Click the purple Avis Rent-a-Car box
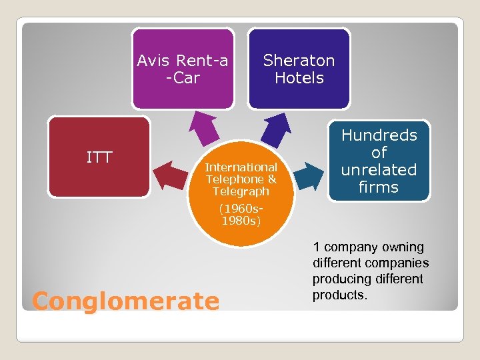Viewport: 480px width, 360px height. coord(183,69)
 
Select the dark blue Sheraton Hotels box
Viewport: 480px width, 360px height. coord(299,69)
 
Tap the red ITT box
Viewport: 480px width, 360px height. coord(99,157)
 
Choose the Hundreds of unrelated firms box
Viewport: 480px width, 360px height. coord(379,161)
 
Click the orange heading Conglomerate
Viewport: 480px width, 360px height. coord(125,301)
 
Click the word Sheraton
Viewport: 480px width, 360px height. coord(299,61)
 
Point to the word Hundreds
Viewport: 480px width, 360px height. coord(379,135)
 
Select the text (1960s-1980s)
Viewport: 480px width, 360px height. coord(241,214)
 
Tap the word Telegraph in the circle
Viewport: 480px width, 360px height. coord(241,191)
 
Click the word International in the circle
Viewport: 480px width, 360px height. coord(241,167)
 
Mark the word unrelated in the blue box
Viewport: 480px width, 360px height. coord(379,170)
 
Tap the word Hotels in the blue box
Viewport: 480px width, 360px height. coord(299,78)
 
